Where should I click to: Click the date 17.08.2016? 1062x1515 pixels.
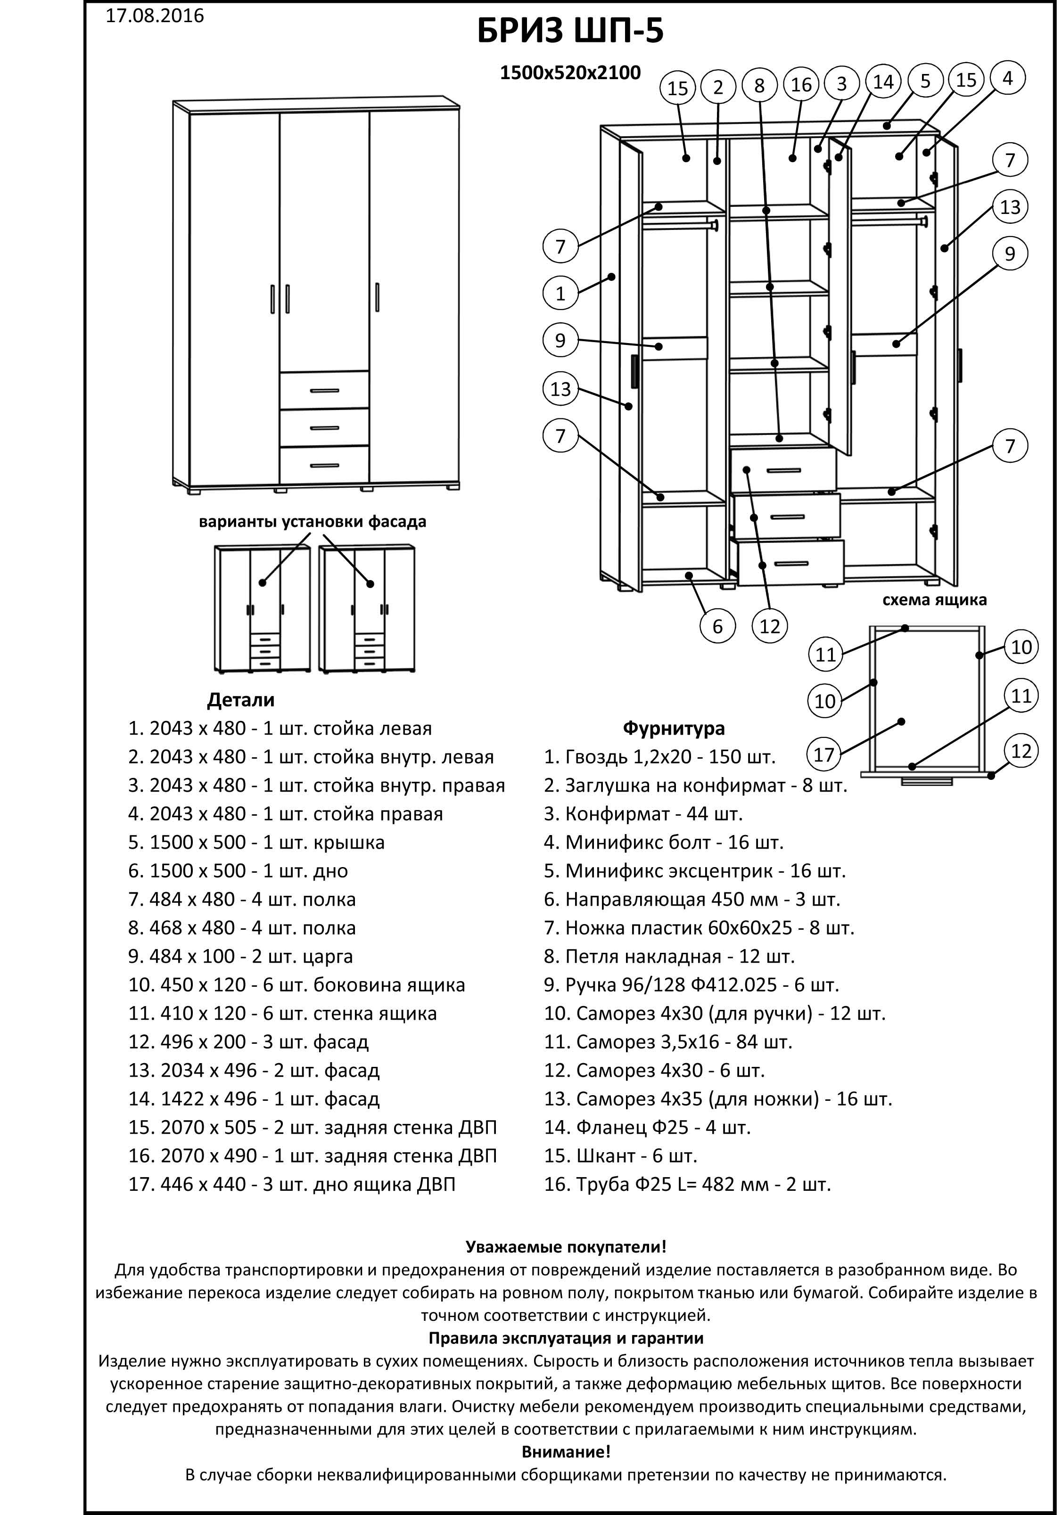click(155, 16)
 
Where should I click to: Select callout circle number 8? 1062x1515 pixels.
click(759, 85)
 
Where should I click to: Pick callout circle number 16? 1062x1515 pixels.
click(801, 84)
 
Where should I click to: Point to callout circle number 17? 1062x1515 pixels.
click(824, 753)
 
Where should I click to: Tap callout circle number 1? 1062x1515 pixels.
click(560, 293)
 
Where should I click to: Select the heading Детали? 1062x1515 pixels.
click(240, 699)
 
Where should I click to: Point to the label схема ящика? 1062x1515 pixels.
click(934, 600)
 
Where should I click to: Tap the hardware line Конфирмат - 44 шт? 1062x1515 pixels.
click(643, 814)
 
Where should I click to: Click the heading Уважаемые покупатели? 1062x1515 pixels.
click(566, 1246)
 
